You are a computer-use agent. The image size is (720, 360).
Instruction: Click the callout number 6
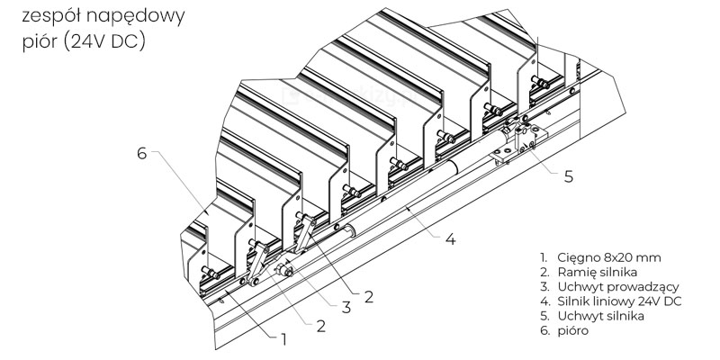141,153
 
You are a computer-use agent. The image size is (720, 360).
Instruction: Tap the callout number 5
569,176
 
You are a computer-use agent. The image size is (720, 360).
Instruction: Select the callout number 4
451,238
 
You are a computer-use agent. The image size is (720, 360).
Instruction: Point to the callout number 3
346,307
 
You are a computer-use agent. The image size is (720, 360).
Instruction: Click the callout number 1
283,340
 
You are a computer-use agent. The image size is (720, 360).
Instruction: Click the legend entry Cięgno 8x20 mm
600,257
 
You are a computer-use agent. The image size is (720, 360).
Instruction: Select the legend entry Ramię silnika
589,273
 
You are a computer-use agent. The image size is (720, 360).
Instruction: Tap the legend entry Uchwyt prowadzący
609,287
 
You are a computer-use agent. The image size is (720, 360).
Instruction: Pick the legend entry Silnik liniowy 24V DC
611,301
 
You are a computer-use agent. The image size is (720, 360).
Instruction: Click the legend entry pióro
564,330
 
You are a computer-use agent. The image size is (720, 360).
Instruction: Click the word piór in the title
40,42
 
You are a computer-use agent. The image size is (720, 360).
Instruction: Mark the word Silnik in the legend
573,301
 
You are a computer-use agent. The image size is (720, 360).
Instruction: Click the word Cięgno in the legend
578,258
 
